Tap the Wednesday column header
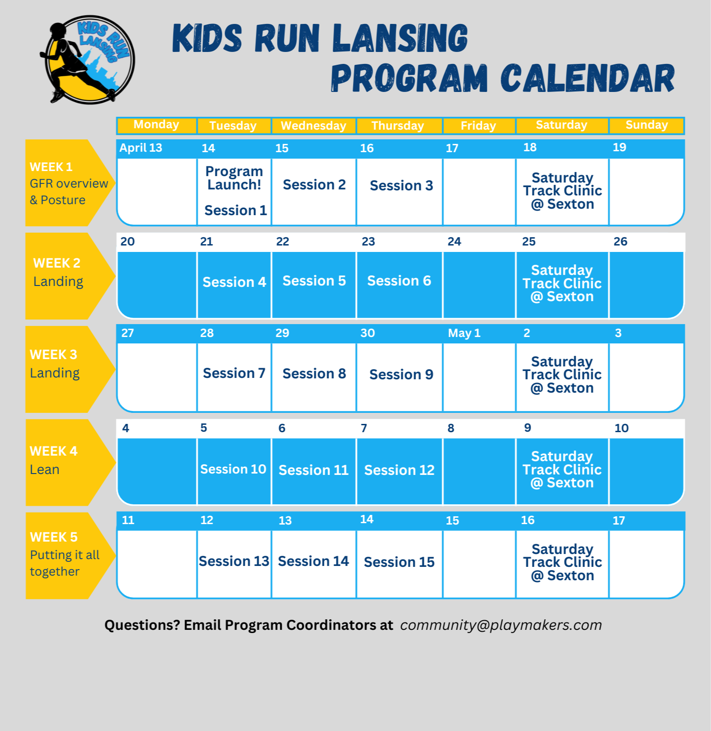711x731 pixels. (x=313, y=126)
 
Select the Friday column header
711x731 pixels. (x=479, y=126)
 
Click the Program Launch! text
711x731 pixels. (x=234, y=178)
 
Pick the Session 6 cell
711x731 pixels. (x=399, y=281)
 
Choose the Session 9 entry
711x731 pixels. (x=401, y=375)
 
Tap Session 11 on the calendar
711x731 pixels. (x=313, y=470)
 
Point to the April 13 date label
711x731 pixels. (x=141, y=148)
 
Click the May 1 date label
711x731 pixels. (x=464, y=333)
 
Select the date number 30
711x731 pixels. (x=368, y=333)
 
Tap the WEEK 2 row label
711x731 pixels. (x=57, y=263)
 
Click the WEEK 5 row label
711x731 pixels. (x=53, y=537)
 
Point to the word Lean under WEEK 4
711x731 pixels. (x=45, y=470)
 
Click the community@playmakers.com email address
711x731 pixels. (x=501, y=625)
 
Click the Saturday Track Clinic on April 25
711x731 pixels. (x=562, y=283)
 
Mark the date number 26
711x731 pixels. (x=620, y=242)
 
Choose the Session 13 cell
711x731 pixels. (x=234, y=561)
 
